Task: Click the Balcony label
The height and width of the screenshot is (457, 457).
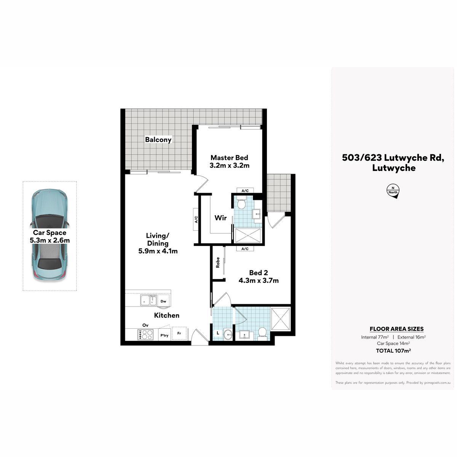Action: [158, 140]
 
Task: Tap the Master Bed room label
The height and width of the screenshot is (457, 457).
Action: [229, 158]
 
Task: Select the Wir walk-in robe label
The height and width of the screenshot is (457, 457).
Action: [221, 218]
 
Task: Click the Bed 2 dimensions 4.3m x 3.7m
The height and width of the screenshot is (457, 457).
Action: [259, 281]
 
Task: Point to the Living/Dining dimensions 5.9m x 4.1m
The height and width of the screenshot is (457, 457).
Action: [158, 251]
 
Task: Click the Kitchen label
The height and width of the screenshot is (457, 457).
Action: [167, 315]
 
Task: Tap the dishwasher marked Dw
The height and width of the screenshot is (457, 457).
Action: [163, 301]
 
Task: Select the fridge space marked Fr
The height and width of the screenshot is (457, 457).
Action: [179, 333]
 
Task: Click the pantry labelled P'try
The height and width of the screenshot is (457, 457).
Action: [165, 335]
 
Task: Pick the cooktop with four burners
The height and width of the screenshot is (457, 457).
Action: [145, 335]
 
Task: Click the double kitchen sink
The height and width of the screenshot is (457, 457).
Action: [148, 300]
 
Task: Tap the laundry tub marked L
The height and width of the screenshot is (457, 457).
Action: [218, 333]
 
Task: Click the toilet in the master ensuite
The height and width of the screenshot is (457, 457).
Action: [241, 203]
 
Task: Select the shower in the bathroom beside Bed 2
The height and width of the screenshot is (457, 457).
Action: [281, 319]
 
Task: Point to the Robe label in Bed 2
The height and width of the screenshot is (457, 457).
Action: [218, 262]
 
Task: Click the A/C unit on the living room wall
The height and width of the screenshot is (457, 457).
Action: [196, 219]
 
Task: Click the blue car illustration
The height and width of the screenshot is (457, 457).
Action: [50, 235]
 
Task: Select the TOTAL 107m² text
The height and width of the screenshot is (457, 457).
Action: [393, 350]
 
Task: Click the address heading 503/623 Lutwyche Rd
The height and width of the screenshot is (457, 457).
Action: [393, 158]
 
